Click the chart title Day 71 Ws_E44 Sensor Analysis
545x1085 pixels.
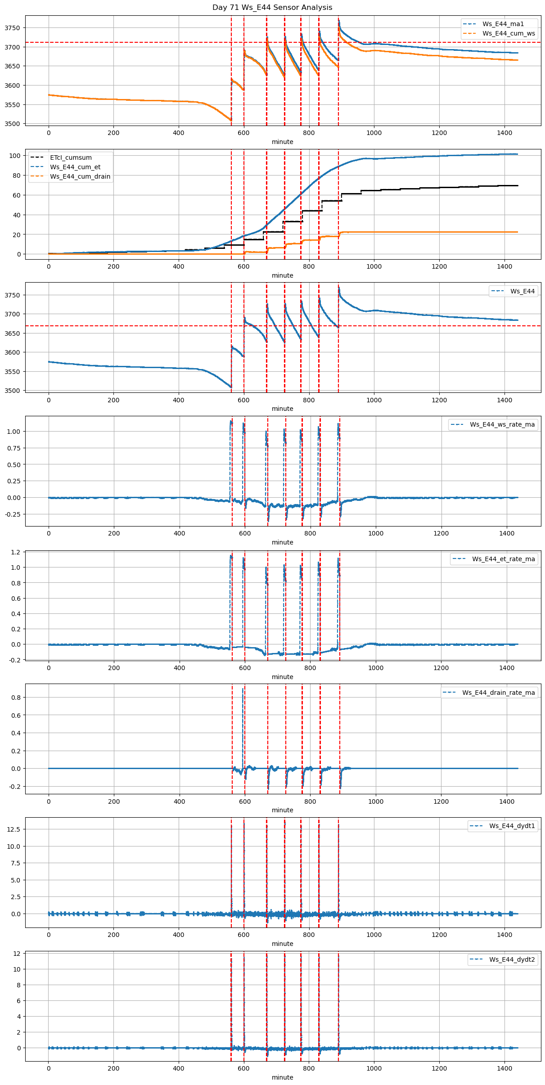pyautogui.click(x=272, y=8)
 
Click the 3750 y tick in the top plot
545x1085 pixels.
pyautogui.click(x=12, y=28)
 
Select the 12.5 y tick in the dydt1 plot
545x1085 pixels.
pyautogui.click(x=14, y=829)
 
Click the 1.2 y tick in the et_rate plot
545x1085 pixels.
pyautogui.click(x=16, y=552)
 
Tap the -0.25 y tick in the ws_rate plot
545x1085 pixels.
pyautogui.click(x=12, y=514)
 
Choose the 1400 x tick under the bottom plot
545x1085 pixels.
pyautogui.click(x=504, y=1068)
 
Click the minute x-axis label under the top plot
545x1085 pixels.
pyautogui.click(x=282, y=142)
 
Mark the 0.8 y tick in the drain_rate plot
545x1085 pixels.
pyautogui.click(x=16, y=698)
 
